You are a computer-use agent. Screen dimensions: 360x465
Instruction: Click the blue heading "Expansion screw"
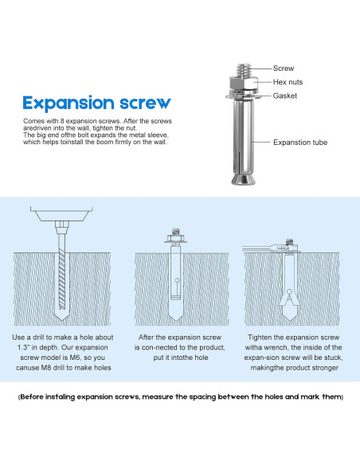pos(96,104)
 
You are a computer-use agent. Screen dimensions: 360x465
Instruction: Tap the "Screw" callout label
pos(284,68)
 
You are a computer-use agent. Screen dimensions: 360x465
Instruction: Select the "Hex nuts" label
pos(288,82)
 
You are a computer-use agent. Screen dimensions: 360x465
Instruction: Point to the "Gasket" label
pos(284,96)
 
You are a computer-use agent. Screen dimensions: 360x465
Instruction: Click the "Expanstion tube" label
pos(300,143)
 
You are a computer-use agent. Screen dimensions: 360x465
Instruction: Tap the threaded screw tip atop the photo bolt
pos(244,71)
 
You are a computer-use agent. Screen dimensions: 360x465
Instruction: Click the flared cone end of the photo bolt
pos(243,179)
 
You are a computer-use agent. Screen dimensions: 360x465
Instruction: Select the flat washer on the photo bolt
pos(243,96)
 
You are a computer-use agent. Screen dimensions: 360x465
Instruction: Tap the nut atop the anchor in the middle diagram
pos(175,238)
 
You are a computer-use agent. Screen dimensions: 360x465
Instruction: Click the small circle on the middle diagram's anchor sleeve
pos(177,280)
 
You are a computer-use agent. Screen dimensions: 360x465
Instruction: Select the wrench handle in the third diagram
pos(258,249)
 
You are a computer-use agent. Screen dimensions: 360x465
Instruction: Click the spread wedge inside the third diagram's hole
pos(288,298)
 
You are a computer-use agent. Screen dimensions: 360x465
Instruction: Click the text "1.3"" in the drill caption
pos(23,347)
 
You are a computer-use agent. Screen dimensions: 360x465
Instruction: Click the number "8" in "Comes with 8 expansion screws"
pos(62,121)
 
